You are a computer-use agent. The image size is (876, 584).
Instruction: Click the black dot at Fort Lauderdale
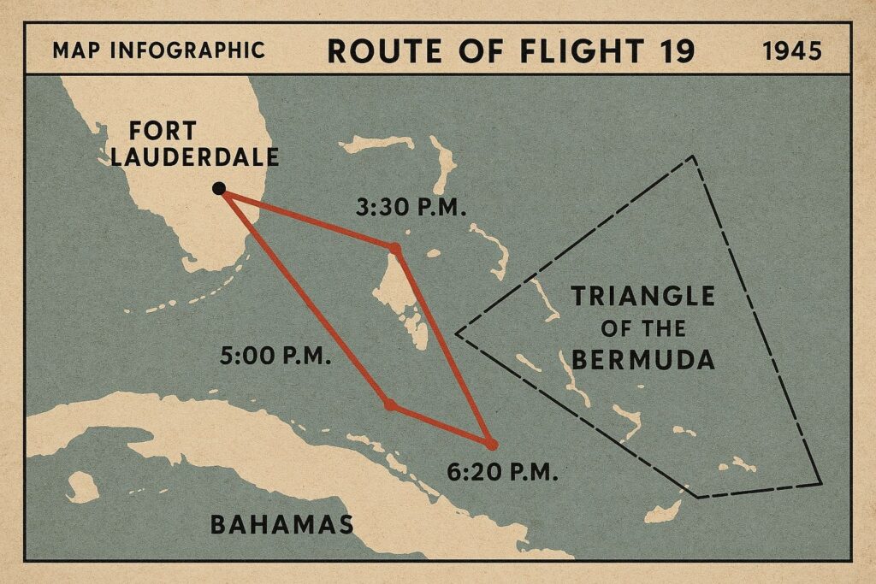(x=219, y=188)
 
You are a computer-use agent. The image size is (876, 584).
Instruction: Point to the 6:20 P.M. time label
(x=502, y=471)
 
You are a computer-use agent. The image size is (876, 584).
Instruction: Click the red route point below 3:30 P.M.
(x=394, y=249)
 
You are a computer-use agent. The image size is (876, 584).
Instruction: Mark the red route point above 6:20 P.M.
(x=490, y=444)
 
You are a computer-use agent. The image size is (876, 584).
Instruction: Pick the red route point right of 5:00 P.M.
(x=390, y=404)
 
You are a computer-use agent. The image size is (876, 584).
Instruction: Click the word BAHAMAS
(x=282, y=523)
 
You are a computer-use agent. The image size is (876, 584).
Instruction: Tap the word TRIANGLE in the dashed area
(x=642, y=298)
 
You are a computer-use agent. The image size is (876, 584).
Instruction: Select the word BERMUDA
(x=642, y=359)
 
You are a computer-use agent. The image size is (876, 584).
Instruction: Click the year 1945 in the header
(x=791, y=51)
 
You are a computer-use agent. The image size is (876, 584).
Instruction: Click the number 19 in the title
(x=673, y=51)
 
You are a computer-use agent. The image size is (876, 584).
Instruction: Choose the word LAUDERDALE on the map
(x=204, y=157)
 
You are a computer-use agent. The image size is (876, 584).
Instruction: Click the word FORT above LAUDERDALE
(x=163, y=132)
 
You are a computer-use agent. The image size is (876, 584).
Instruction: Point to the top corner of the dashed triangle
(x=693, y=156)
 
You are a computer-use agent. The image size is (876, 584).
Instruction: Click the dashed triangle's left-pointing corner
(x=457, y=333)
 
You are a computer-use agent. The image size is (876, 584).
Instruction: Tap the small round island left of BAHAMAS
(x=82, y=487)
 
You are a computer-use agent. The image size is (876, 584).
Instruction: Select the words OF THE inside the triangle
(x=642, y=328)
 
